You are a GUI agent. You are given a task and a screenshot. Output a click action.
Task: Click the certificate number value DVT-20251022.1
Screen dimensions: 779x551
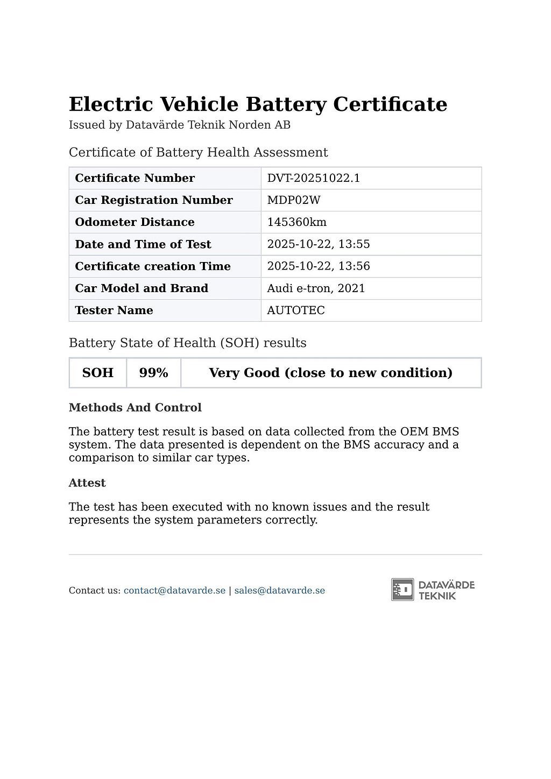coord(313,178)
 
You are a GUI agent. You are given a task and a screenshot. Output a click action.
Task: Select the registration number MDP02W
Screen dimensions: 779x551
coord(293,200)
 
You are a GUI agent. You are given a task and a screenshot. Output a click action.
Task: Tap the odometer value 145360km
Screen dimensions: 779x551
coord(296,222)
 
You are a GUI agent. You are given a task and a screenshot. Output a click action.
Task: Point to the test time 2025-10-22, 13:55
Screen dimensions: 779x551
coord(318,244)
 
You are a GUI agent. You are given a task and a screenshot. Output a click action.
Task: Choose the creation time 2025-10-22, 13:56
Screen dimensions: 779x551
coord(318,266)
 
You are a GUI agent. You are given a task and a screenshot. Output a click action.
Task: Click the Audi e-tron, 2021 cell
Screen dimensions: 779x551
coord(316,288)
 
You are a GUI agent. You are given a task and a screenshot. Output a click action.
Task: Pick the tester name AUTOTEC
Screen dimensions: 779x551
coord(295,310)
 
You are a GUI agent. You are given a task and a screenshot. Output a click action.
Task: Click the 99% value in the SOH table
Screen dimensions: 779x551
coord(153,373)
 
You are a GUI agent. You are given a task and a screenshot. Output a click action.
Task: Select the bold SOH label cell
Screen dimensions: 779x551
coord(97,373)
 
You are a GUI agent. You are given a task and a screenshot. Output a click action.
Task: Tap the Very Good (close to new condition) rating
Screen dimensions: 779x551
coord(330,373)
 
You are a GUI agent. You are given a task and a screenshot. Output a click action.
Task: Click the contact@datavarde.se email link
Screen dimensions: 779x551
coord(174,591)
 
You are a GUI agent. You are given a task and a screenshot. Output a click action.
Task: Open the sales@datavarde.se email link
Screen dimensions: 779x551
coord(279,591)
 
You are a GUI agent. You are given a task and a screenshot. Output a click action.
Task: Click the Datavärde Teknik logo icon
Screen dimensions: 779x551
coord(402,590)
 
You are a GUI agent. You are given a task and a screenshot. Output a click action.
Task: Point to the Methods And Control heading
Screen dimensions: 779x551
coord(135,408)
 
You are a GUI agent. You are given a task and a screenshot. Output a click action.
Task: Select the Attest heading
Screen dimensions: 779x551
coord(87,483)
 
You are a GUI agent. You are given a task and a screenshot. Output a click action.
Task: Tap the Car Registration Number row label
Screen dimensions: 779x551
coord(153,200)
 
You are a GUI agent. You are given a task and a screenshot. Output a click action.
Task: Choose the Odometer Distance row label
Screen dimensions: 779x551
coord(135,222)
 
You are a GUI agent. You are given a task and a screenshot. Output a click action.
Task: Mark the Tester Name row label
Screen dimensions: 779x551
coord(114,310)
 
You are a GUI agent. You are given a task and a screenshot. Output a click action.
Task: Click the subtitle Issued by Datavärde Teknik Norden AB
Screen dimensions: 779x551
coord(179,125)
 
